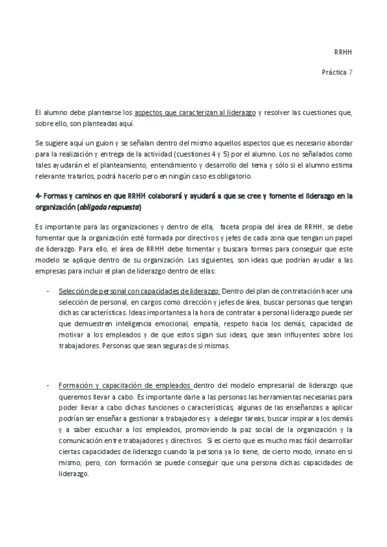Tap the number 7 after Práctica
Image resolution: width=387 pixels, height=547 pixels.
(350, 72)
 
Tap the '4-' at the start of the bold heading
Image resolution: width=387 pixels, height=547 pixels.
(39, 195)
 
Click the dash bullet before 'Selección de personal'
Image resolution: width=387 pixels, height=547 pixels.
(48, 290)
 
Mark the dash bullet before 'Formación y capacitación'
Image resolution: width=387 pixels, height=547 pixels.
(48, 384)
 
